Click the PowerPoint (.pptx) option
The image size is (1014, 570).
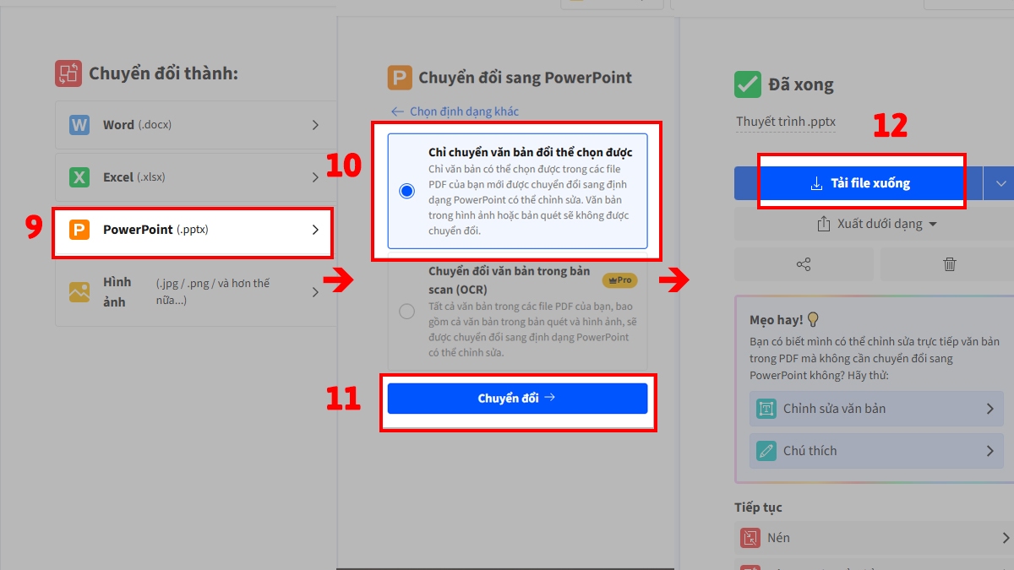coord(193,230)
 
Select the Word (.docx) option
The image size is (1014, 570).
coord(193,125)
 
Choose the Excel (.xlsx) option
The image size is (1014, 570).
coord(193,177)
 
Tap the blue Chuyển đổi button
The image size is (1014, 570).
coord(517,398)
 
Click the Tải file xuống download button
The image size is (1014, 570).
coord(859,183)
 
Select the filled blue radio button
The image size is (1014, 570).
coord(407,191)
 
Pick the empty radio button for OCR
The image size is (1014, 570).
coord(407,312)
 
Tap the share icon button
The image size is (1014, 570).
coord(803,264)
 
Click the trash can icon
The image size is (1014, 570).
coord(949,264)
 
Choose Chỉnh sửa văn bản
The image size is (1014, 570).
coord(875,409)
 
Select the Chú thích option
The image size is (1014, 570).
coord(875,451)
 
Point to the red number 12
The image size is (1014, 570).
coord(890,126)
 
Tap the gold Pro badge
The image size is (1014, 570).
coord(619,280)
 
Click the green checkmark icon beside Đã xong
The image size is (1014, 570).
coord(748,84)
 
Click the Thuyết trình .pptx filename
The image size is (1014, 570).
coord(786,122)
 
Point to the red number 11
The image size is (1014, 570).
coord(344,399)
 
